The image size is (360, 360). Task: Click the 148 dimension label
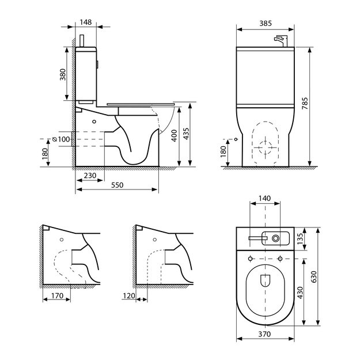click(x=86, y=22)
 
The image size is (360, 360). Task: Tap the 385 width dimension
click(x=266, y=24)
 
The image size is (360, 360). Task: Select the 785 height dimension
click(x=305, y=104)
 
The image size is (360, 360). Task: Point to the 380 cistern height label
click(x=62, y=75)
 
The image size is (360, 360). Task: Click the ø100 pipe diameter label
click(x=61, y=139)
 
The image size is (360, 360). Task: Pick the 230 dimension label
click(x=90, y=176)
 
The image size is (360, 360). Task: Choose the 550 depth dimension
click(x=117, y=185)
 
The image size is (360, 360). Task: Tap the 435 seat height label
click(x=186, y=134)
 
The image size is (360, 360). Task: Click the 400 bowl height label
click(x=175, y=136)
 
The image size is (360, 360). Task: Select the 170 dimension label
click(x=57, y=295)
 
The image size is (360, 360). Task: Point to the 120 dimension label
click(x=129, y=295)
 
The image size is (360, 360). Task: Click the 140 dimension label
click(x=265, y=198)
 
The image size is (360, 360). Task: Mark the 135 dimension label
click(x=300, y=239)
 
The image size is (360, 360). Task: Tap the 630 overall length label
click(x=313, y=277)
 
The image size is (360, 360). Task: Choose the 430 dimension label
click(x=300, y=293)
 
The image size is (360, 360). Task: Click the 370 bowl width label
click(x=264, y=334)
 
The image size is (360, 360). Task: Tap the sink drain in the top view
click(x=276, y=238)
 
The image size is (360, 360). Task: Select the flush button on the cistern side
click(x=97, y=65)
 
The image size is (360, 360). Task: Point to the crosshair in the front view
click(x=266, y=147)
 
